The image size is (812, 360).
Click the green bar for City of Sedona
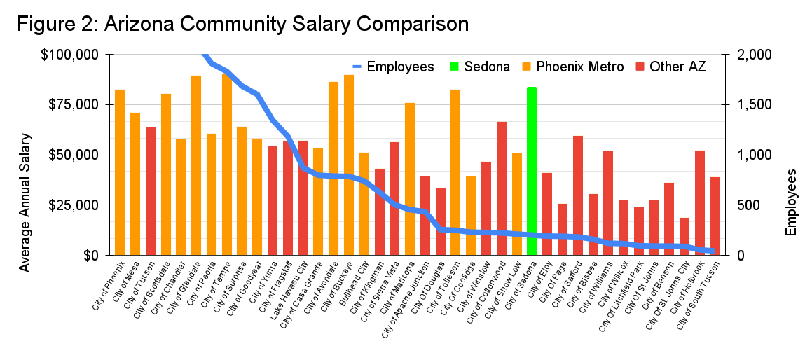532,172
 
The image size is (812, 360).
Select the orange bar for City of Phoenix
120,172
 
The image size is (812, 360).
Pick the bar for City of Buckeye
349,165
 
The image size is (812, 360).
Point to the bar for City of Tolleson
455,172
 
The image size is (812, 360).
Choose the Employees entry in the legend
400,67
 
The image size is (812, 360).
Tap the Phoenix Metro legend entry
579,67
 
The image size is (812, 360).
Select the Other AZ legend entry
677,67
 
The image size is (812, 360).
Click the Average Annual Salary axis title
25,202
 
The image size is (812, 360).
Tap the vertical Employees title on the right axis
791,202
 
